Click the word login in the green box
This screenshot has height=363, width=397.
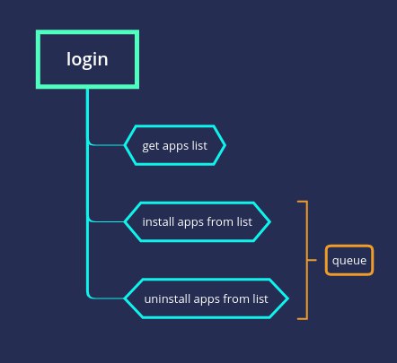[x=87, y=59]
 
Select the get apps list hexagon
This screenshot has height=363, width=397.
[x=175, y=145]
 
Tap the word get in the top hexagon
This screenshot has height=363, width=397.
[x=150, y=146]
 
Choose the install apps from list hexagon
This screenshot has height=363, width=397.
[x=198, y=221]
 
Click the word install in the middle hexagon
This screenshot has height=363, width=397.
[x=158, y=221]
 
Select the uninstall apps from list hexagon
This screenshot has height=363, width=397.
[x=207, y=298]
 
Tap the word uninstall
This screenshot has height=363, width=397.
[x=167, y=298]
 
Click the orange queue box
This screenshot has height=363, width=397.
[x=349, y=260]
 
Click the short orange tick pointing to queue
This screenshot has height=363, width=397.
[x=312, y=260]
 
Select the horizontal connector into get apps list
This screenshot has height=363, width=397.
[x=106, y=145]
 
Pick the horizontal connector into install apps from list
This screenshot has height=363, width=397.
[x=106, y=221]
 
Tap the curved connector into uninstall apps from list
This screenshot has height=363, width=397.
[x=99, y=298]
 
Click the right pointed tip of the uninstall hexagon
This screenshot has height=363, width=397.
[x=288, y=298]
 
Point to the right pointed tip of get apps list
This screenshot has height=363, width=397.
[x=225, y=145]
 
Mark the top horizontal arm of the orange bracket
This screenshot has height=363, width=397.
[x=303, y=202]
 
